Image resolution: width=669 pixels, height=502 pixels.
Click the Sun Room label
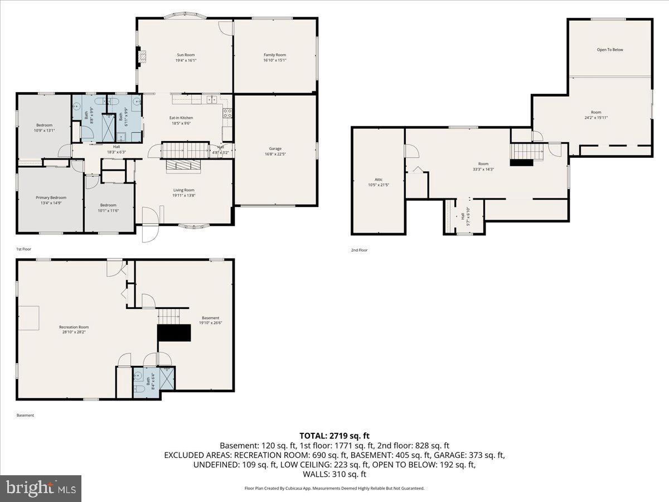[x=186, y=55]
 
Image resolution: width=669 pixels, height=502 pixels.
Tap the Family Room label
[x=275, y=55]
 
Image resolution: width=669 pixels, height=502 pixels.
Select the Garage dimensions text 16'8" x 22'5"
[x=275, y=155]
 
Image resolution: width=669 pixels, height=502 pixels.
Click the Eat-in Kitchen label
[x=181, y=118]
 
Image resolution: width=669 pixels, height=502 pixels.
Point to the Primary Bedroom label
[x=51, y=197]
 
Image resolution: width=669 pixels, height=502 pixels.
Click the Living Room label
[x=183, y=190]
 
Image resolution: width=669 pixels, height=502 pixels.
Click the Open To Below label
[x=610, y=50]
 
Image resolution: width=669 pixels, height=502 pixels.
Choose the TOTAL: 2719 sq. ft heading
[x=334, y=435]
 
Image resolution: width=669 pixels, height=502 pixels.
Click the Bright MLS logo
[x=41, y=489]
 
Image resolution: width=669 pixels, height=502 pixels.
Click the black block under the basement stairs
[x=174, y=332]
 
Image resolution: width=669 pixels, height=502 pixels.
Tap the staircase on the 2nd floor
[x=527, y=151]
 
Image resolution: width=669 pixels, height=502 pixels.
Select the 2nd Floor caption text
[x=359, y=250]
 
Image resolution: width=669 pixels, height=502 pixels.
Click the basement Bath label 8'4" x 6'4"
[x=148, y=382]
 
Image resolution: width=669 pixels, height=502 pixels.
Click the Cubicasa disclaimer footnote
[x=334, y=488]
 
